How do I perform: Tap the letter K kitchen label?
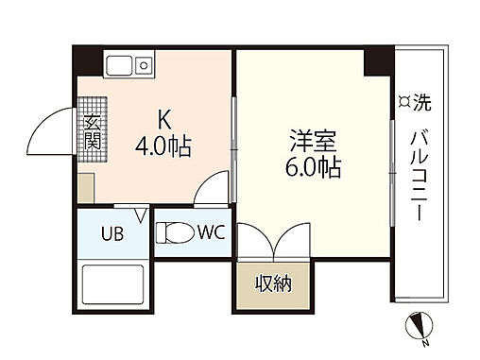(x=163, y=121)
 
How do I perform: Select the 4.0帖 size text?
(x=163, y=147)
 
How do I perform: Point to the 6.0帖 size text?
(x=313, y=170)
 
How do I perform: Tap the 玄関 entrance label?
(x=93, y=133)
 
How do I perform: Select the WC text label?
(x=210, y=232)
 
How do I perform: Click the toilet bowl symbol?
(x=172, y=232)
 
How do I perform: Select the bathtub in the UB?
(x=113, y=283)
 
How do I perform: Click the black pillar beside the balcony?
(x=378, y=60)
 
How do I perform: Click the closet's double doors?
(x=271, y=244)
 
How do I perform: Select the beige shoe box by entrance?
(x=86, y=185)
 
